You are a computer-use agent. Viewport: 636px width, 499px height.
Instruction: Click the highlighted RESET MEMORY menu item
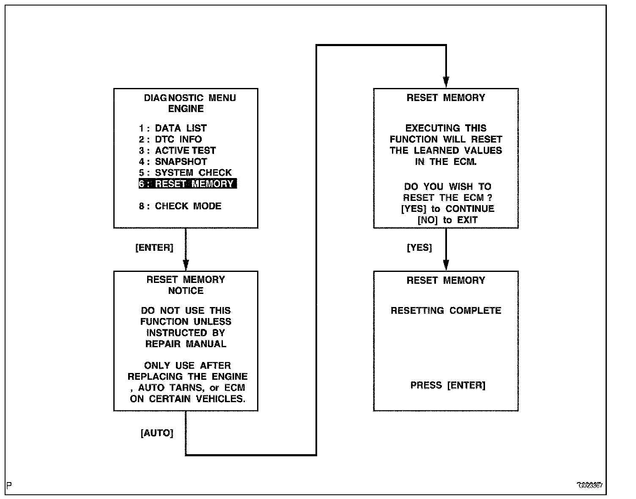click(187, 184)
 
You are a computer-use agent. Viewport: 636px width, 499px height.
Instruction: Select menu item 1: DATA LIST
click(173, 128)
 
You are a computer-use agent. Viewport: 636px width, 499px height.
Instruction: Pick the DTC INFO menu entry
click(170, 139)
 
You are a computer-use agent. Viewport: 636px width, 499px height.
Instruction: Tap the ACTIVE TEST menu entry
click(178, 151)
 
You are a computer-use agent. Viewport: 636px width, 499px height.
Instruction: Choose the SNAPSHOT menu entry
click(173, 162)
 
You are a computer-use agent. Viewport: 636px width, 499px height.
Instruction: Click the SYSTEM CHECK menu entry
click(185, 173)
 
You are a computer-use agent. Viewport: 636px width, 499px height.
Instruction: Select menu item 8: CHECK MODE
click(180, 206)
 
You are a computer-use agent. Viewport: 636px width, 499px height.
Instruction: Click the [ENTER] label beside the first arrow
click(154, 248)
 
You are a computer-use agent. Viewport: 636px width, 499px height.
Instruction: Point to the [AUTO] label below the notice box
click(157, 433)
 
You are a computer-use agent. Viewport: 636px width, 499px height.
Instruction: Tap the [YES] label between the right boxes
click(419, 248)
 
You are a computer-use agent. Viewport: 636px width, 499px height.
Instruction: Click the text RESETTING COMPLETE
click(446, 311)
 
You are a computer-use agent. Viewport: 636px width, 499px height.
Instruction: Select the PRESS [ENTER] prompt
click(448, 385)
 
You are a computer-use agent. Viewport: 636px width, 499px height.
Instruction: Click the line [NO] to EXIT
click(447, 220)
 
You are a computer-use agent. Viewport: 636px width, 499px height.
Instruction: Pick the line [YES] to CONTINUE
click(447, 209)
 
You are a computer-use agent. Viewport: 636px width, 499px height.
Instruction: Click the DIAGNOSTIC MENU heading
click(190, 98)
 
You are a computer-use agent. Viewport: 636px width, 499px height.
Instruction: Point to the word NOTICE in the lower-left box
click(186, 291)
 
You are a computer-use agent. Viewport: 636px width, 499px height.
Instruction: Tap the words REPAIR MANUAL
click(186, 344)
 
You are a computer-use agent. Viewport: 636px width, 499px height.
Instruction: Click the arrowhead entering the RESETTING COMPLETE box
click(446, 265)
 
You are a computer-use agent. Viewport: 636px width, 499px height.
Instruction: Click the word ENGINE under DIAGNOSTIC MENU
click(186, 109)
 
